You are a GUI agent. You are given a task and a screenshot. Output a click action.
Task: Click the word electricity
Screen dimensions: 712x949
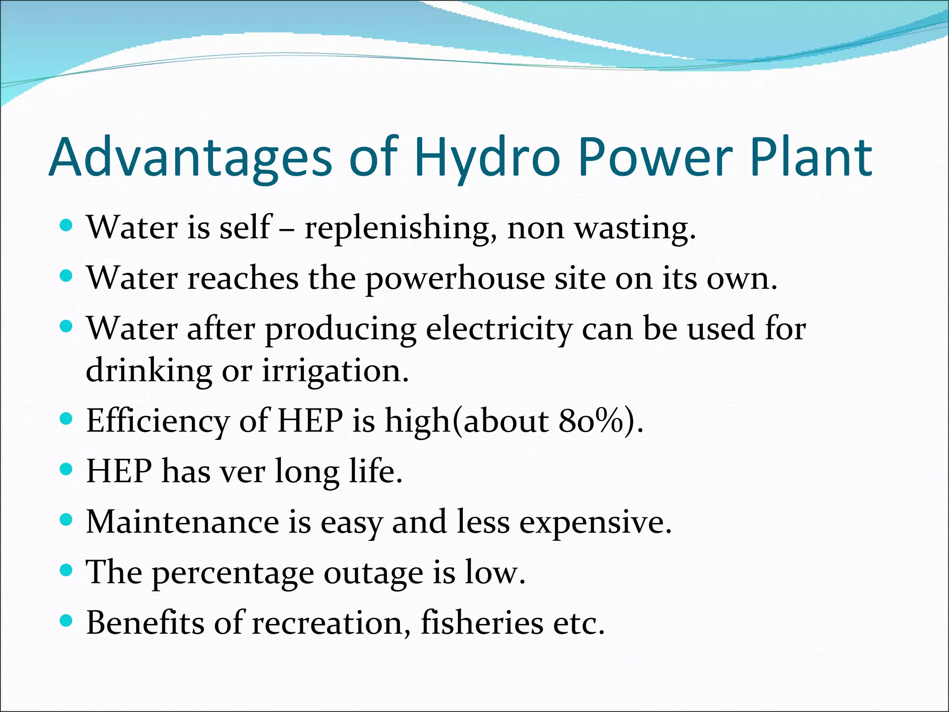tap(499, 329)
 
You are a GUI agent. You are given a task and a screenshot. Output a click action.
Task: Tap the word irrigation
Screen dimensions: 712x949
tap(335, 371)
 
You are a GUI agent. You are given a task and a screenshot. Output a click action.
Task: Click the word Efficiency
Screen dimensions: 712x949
tap(158, 421)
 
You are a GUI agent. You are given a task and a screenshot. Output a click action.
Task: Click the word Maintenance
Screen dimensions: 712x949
tap(183, 522)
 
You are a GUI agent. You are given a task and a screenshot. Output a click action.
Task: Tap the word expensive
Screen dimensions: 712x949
tap(595, 522)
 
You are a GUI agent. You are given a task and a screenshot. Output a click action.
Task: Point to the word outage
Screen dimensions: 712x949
tap(373, 573)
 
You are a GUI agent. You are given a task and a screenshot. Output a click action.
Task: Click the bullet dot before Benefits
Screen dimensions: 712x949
tap(67, 621)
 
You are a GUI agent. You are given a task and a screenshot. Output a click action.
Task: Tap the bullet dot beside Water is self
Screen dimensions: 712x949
tap(67, 226)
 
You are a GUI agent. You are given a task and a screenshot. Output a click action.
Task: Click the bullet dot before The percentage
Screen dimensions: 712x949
tap(67, 570)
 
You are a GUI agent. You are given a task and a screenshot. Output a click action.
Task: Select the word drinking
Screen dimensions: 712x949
tap(149, 371)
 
